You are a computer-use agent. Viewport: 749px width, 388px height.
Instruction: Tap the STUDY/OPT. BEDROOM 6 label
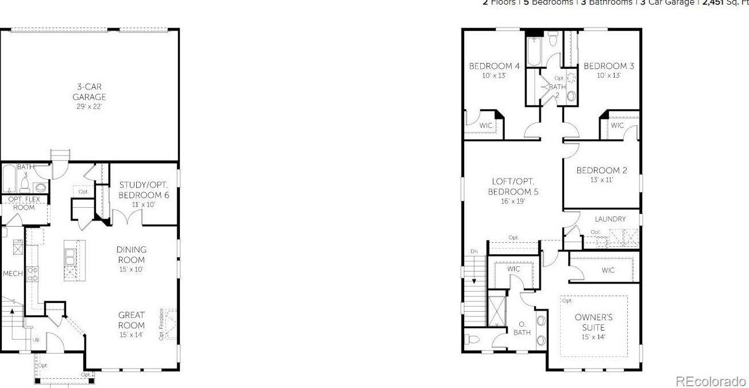144,190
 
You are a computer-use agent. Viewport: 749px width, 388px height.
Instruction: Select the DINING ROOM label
132,255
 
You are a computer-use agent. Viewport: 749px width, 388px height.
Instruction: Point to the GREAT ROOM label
132,320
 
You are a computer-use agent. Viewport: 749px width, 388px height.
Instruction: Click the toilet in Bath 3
25,184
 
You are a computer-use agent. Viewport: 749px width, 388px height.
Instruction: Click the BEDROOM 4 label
494,66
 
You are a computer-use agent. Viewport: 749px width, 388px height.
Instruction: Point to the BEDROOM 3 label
609,66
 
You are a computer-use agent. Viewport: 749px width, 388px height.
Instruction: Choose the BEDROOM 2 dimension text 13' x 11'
601,180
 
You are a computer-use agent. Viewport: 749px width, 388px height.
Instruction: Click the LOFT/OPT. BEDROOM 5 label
513,187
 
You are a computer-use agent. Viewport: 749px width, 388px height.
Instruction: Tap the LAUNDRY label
610,219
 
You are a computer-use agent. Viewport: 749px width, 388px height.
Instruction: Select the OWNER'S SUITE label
593,322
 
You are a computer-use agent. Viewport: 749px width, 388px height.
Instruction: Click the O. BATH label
522,328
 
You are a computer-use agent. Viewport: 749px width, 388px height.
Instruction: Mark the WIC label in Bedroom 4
486,125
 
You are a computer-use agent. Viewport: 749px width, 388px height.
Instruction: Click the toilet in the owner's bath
472,339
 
